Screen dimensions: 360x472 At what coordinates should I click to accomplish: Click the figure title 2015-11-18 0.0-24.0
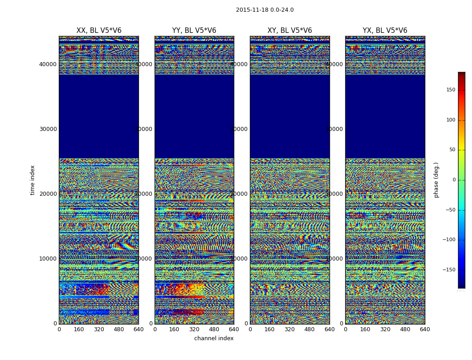coord(265,10)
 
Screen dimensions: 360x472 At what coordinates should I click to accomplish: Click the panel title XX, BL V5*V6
coord(99,31)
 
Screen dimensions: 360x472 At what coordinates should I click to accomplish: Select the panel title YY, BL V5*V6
coord(194,31)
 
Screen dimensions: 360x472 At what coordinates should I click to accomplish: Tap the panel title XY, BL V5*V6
coord(289,31)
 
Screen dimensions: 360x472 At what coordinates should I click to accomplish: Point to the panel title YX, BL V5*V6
coord(385,31)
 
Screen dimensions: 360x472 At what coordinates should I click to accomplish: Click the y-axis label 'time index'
coord(32,180)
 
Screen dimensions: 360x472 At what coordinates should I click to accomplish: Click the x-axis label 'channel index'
coord(214,338)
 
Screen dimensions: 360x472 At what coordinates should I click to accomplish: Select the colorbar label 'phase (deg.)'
coord(436,180)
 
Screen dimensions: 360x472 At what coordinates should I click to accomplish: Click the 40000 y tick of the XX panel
coord(48,64)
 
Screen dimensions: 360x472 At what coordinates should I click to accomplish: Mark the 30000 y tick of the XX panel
coord(48,129)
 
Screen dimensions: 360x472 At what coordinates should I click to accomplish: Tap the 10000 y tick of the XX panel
coord(48,259)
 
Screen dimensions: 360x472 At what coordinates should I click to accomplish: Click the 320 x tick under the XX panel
coord(99,329)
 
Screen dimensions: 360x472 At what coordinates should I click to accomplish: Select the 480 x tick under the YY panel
coord(214,329)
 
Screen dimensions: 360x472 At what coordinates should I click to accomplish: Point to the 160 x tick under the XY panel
coord(270,329)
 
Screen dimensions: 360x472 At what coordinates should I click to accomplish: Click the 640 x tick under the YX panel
coord(425,329)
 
